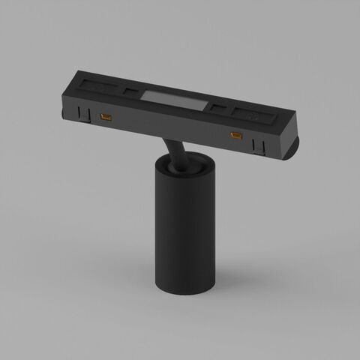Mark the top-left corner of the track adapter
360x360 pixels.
[x=75, y=72]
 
